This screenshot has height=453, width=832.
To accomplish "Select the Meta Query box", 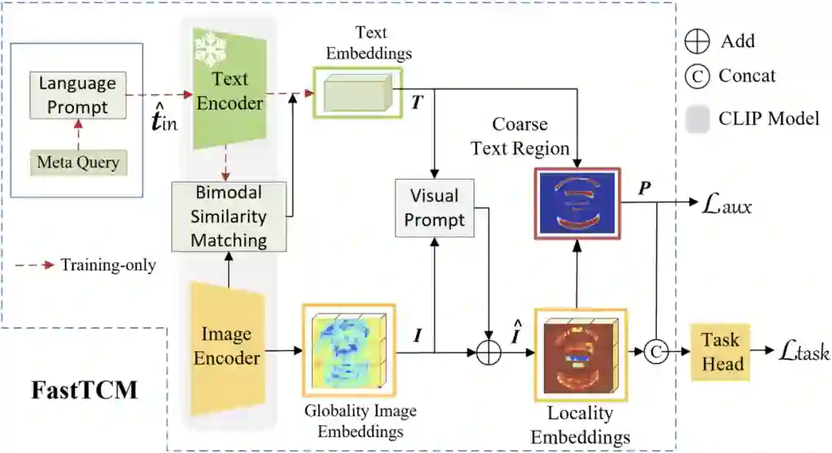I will point(77,162).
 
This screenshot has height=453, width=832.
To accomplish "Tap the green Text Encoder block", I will point(230,92).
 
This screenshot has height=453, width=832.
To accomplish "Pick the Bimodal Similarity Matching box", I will point(229,216).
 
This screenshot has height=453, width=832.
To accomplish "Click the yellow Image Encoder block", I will point(226,345).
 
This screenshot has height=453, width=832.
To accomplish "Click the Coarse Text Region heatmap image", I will point(577,202).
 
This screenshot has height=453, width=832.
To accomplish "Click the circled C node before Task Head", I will point(656,352).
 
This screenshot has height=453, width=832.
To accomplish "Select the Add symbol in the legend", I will point(696,40).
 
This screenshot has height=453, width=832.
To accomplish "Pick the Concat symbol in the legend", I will point(696,75).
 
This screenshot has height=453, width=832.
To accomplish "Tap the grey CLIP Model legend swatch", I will point(696,118).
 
